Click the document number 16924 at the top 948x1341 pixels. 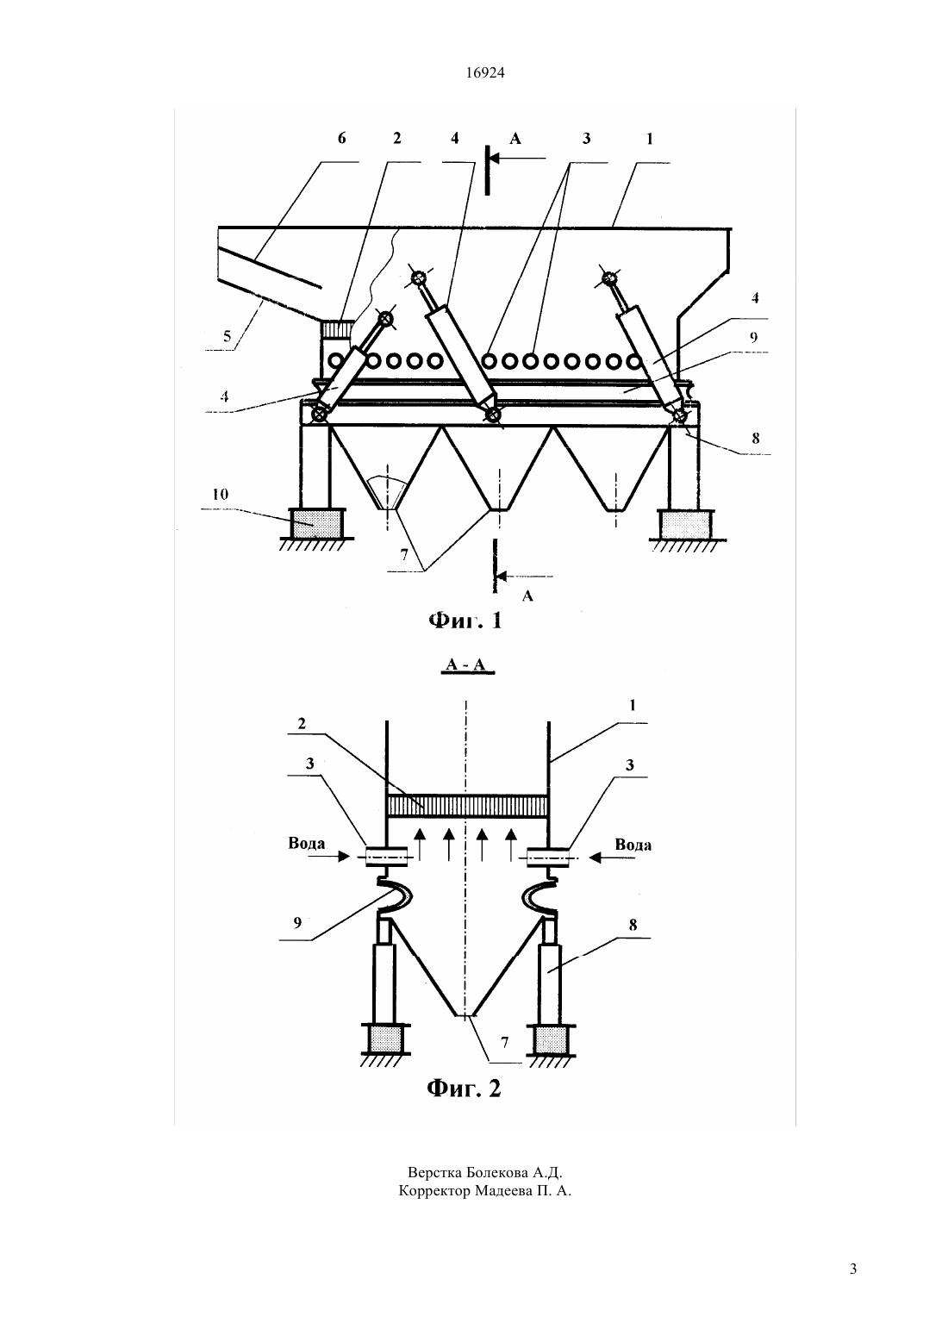(484, 72)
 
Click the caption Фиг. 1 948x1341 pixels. (465, 621)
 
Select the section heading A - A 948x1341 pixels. (466, 665)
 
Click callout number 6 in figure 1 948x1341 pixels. (342, 138)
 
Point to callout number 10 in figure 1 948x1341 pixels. (221, 494)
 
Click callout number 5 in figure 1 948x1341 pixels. (227, 336)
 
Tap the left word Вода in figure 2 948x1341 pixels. (307, 844)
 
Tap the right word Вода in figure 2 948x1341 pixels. (633, 845)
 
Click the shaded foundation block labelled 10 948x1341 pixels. (316, 523)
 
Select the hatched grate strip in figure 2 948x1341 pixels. (467, 806)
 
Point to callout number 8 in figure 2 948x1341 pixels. (633, 926)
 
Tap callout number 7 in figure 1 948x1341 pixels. (404, 555)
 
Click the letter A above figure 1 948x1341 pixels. (515, 139)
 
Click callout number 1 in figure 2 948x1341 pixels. (633, 705)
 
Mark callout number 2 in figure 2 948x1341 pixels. (302, 723)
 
